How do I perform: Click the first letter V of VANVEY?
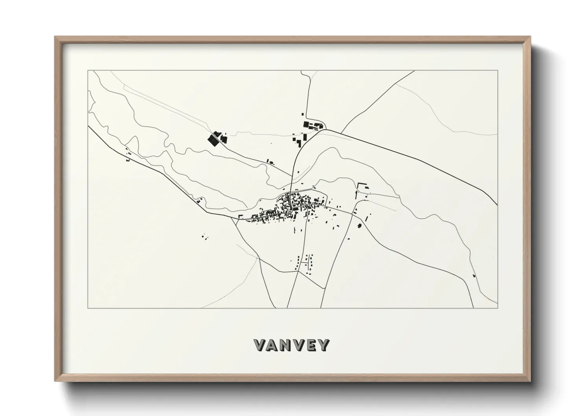pos(261,345)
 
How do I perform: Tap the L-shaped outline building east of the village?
pos(361,186)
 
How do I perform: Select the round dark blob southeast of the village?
pos(359,226)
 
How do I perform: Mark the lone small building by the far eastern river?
pos(474,276)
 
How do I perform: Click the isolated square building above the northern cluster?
pos(302,114)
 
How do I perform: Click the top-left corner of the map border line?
pos(88,71)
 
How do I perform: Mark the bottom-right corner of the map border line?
pos(498,308)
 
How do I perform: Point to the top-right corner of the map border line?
pos(498,71)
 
